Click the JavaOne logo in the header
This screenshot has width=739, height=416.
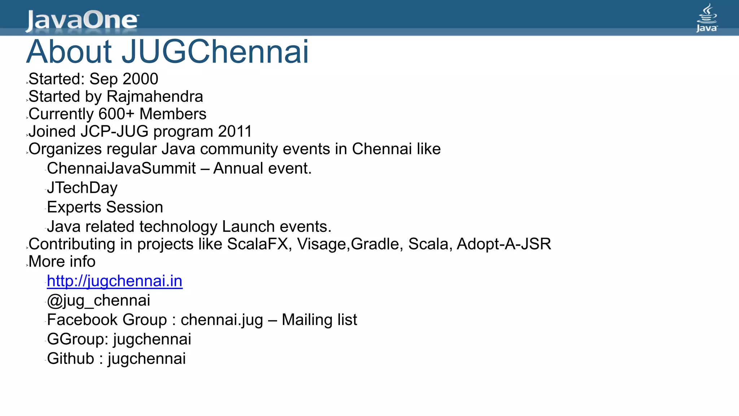tap(82, 20)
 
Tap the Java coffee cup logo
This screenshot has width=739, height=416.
tap(707, 18)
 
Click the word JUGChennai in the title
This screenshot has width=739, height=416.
tap(215, 52)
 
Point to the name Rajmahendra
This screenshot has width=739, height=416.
tap(155, 97)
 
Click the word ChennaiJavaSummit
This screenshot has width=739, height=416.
tap(121, 169)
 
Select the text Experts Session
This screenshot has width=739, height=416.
tap(105, 207)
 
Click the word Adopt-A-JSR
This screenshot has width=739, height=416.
tap(504, 244)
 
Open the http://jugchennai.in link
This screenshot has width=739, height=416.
tap(115, 281)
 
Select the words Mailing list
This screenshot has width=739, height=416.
tap(319, 320)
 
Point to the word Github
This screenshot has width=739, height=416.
tap(71, 359)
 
